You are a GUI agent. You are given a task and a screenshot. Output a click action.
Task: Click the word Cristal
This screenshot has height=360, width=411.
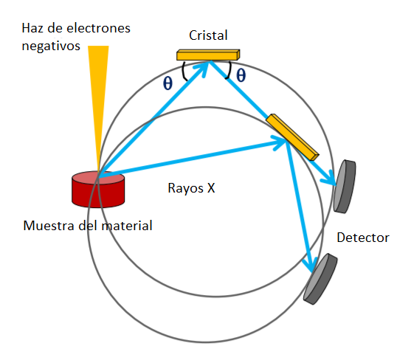point(208,35)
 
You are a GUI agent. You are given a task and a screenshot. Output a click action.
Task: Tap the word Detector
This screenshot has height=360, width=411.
point(363,238)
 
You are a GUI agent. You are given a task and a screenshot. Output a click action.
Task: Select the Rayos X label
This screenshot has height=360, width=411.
point(191,188)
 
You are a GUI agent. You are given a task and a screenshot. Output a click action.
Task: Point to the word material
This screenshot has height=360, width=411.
point(127,226)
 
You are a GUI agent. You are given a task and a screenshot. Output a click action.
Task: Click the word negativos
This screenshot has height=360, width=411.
point(51,46)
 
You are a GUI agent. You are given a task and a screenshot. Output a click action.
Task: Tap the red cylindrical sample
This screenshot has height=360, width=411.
point(98,189)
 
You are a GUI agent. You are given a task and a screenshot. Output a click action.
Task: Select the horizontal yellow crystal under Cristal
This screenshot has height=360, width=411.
point(208,55)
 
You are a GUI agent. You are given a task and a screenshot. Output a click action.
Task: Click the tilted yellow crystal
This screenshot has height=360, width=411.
point(292,137)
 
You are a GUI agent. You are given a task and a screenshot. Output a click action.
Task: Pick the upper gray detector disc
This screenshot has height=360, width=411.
point(345,187)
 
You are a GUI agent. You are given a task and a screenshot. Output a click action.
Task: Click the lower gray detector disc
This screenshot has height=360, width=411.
point(320,279)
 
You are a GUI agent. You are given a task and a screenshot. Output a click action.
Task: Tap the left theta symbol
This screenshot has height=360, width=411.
point(167,83)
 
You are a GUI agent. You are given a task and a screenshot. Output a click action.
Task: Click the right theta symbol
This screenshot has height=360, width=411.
point(241,75)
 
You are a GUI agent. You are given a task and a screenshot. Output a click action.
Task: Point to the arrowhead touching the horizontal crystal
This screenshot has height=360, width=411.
point(202,68)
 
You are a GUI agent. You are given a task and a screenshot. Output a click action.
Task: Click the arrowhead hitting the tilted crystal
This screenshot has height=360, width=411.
point(278,143)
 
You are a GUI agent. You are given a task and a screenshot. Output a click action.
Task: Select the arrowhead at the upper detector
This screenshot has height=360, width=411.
point(328,179)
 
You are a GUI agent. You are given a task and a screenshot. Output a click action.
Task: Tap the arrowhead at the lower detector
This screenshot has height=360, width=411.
point(310,265)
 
